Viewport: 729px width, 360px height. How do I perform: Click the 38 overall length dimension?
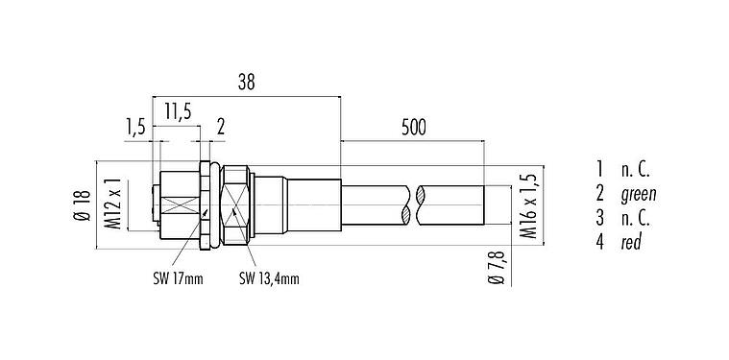click(246, 84)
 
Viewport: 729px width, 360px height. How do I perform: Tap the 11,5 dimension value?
click(176, 113)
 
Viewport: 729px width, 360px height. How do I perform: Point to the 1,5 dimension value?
click(136, 126)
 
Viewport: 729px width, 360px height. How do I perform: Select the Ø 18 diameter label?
click(83, 203)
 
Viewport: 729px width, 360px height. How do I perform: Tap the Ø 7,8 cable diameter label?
click(496, 266)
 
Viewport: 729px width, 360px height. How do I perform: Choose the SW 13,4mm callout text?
click(269, 278)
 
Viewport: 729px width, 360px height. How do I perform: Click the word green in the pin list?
click(638, 195)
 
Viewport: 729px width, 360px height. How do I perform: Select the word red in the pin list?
click(631, 243)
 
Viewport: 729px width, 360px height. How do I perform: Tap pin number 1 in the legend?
click(599, 171)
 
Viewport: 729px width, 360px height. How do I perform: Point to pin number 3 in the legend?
click(599, 219)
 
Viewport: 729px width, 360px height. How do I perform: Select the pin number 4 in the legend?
click(599, 243)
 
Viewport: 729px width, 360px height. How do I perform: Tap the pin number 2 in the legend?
click(599, 195)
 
